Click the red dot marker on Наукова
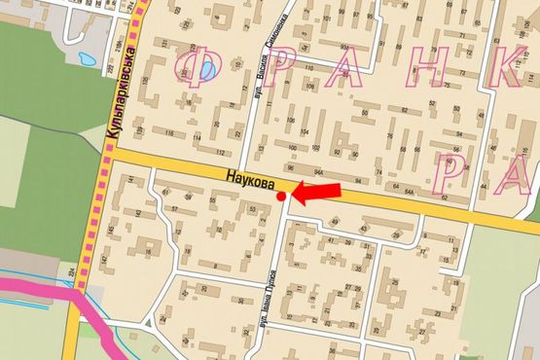[x=281, y=197]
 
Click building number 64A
[x=410, y=194]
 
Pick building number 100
[x=291, y=148]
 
